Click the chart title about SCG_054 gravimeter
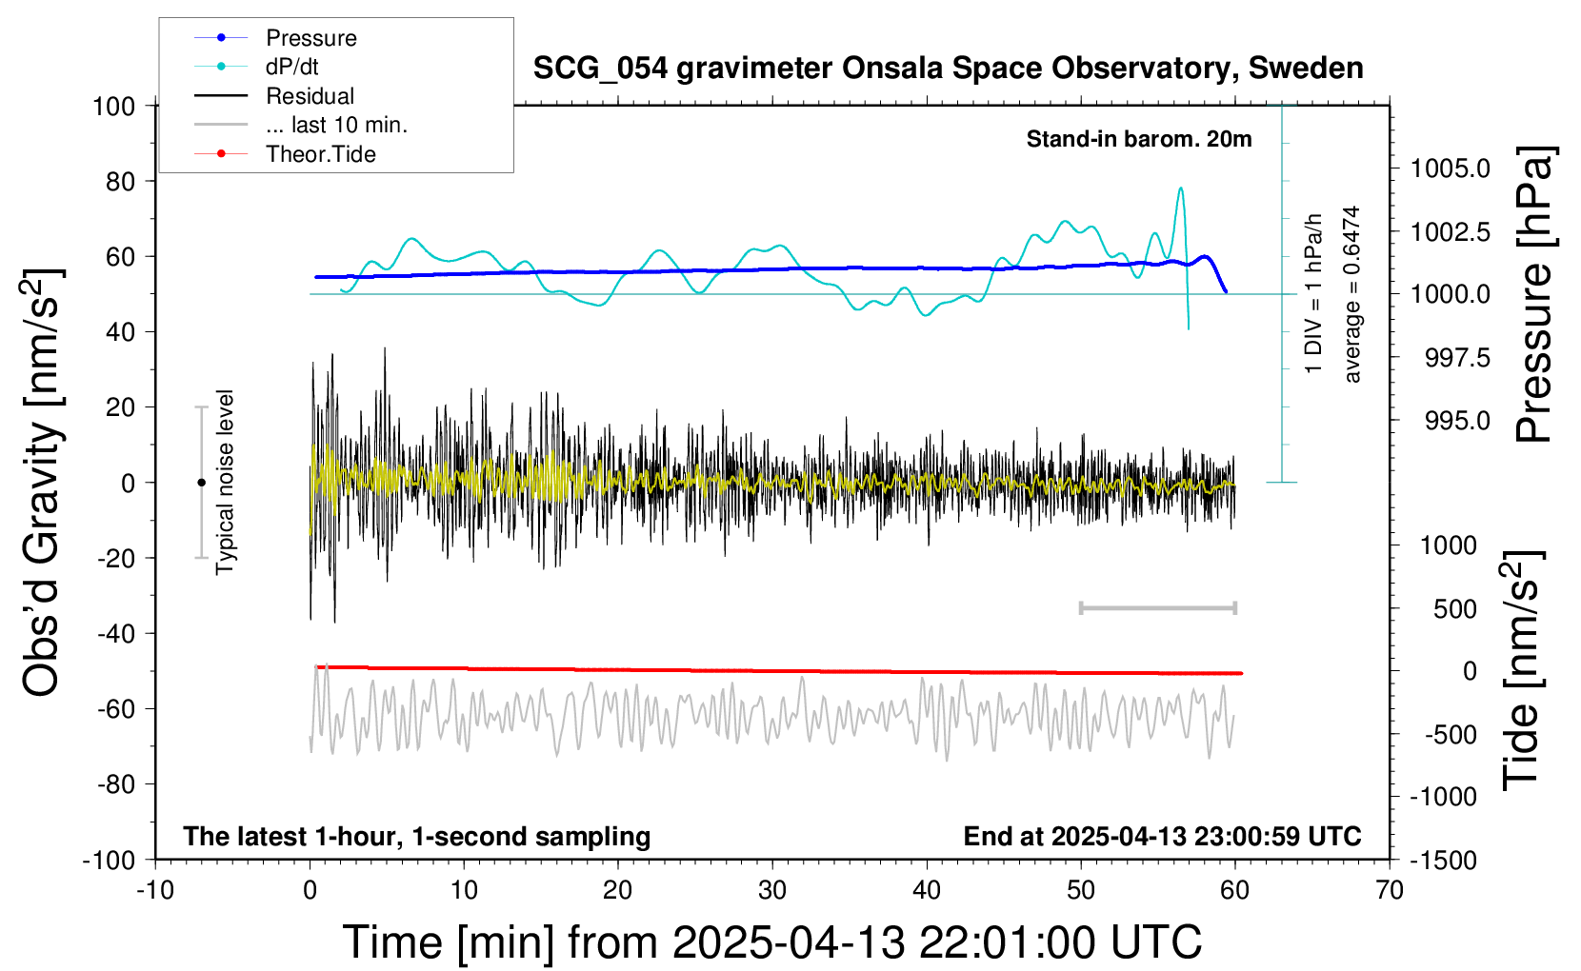pos(948,69)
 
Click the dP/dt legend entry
pos(291,67)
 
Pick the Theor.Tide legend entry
pos(320,154)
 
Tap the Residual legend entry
pos(310,96)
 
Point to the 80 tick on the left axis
pos(120,181)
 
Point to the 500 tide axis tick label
pos(1455,608)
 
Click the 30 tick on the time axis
pos(772,890)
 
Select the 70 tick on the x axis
pos(1390,890)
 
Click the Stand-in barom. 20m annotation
pos(1139,139)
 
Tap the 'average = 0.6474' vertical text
pos(1352,295)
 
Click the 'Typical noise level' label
pos(225,482)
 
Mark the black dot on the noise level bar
pos(201,483)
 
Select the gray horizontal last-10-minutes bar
pos(1157,607)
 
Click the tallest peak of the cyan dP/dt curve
pos(1181,188)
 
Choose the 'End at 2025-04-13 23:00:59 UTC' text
pos(1162,836)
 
